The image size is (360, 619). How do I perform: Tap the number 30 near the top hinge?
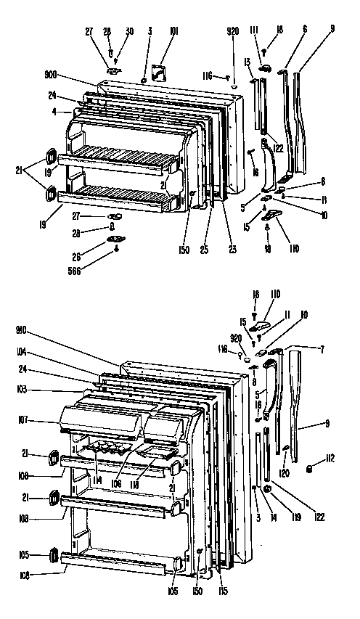click(x=129, y=31)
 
